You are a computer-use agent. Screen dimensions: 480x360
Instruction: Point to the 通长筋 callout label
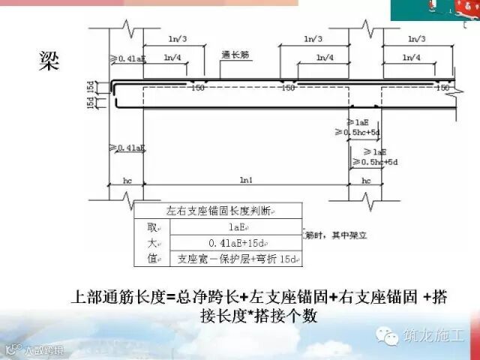[x=234, y=54]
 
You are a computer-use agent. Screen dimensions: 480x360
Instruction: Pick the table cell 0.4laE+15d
[x=234, y=243]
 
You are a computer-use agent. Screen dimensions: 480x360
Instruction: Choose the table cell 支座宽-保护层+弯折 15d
[x=235, y=259]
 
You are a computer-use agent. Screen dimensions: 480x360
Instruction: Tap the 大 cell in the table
[x=152, y=243]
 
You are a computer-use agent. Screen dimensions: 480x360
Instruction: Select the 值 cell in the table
[x=152, y=259]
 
